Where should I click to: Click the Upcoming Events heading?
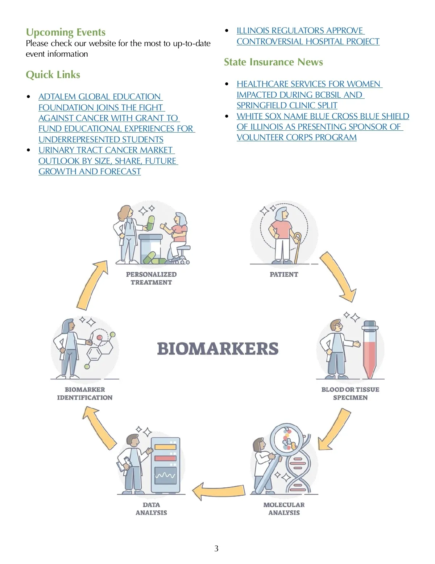tap(66, 32)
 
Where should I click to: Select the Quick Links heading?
tap(53, 75)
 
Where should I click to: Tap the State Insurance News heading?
tap(273, 62)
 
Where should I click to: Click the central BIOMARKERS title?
tap(217, 349)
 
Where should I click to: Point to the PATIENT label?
tap(284, 275)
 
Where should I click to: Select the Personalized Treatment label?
tap(151, 278)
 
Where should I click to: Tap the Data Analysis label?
tap(151, 508)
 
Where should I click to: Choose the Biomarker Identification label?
tap(84, 393)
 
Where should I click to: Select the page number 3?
tap(216, 548)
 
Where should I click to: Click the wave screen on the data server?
tap(165, 475)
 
